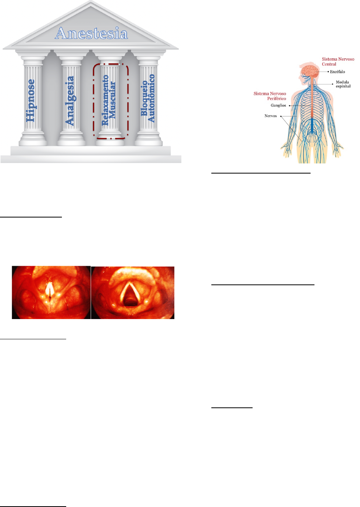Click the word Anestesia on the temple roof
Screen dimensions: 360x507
coord(91,33)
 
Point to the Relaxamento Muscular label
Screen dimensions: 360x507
coord(109,100)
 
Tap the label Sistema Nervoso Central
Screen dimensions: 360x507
coord(338,61)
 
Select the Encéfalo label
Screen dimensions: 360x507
coord(338,72)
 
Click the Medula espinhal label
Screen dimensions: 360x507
coord(343,84)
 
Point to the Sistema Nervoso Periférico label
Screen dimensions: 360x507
coord(270,96)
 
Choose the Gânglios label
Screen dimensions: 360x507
coord(278,105)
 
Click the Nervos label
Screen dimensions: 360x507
coord(270,116)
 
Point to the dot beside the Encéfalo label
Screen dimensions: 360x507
coord(328,72)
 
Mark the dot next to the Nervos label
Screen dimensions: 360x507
coord(281,116)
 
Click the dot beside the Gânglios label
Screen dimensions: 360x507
coord(290,105)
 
